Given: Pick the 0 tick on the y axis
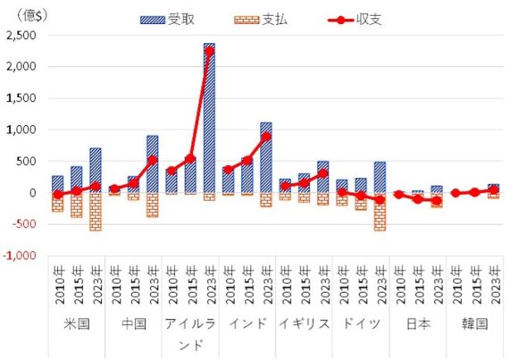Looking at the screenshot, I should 34,193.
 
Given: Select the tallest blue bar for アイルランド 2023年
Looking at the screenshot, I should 209,116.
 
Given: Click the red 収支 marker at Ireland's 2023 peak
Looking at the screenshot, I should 209,50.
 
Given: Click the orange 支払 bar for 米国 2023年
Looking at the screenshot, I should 96,212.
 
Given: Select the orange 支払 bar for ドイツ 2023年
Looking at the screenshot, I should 379,212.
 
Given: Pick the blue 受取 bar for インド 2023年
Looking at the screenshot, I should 265,157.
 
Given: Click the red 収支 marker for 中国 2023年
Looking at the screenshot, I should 152,160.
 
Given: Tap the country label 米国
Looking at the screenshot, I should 78,323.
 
